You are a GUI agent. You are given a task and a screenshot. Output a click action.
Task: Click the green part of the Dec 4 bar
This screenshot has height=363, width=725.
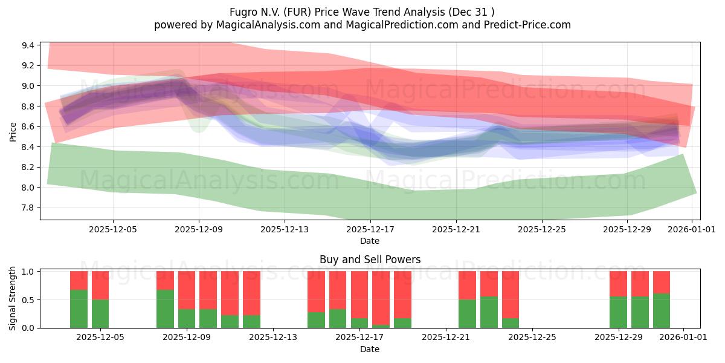point(79,309)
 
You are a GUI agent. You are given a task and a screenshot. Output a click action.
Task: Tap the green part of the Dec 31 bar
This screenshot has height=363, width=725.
point(662,310)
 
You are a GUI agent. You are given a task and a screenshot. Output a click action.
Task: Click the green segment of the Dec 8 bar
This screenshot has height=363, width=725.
point(165,309)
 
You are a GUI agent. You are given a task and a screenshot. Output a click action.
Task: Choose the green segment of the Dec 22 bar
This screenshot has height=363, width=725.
point(467,313)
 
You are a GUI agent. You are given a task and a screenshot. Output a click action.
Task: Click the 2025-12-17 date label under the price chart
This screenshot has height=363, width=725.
point(370,229)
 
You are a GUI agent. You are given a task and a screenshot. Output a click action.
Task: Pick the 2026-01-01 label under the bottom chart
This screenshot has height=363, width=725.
point(683,338)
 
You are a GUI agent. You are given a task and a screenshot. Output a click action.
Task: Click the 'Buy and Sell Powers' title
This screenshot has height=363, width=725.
point(370,260)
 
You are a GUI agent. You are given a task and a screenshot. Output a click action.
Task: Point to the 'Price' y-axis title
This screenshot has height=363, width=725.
point(13,131)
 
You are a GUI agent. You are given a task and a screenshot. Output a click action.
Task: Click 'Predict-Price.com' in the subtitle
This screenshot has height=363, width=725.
point(524,25)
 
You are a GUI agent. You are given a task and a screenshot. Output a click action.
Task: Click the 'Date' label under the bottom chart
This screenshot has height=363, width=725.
point(370,349)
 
